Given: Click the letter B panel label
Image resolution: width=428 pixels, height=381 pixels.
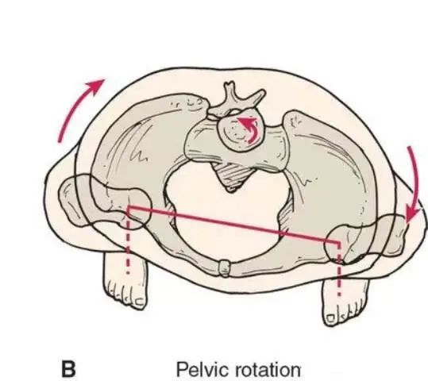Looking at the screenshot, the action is (68, 369).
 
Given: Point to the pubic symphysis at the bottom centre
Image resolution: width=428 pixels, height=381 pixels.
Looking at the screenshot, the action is (225, 268).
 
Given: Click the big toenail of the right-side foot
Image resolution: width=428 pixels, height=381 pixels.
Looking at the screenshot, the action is (330, 318).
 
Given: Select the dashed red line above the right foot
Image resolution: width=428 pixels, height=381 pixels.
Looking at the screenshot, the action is (339, 269).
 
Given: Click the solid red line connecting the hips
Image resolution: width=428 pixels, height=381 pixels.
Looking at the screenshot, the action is (233, 225).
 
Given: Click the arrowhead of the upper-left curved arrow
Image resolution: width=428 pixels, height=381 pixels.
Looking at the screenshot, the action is (96, 85).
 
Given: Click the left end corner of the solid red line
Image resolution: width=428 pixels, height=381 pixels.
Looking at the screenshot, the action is (129, 207).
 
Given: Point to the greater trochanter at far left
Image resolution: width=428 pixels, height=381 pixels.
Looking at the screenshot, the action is (71, 199).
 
